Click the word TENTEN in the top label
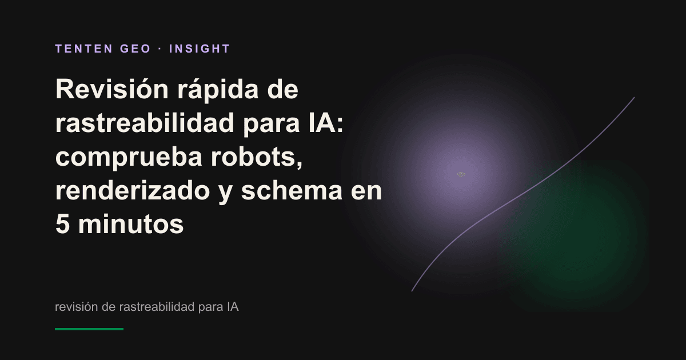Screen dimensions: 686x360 click(84, 49)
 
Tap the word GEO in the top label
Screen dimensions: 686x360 click(135, 49)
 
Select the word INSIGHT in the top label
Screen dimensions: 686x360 click(200, 49)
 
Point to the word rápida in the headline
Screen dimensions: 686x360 click(218, 90)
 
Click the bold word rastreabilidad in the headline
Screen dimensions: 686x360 click(145, 123)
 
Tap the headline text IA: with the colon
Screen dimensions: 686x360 click(326, 123)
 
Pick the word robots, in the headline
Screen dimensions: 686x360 click(257, 157)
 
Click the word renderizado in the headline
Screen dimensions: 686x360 click(133, 190)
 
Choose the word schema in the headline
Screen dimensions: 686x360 click(292, 190)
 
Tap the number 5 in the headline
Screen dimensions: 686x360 click(62, 224)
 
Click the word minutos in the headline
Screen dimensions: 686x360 click(131, 224)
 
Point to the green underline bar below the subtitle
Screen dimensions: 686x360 click(89, 329)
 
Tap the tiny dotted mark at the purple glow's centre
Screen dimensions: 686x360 click(461, 174)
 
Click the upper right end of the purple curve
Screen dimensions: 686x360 click(634, 98)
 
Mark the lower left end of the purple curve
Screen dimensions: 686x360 click(412, 291)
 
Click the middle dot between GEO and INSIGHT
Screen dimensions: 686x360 click(160, 49)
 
